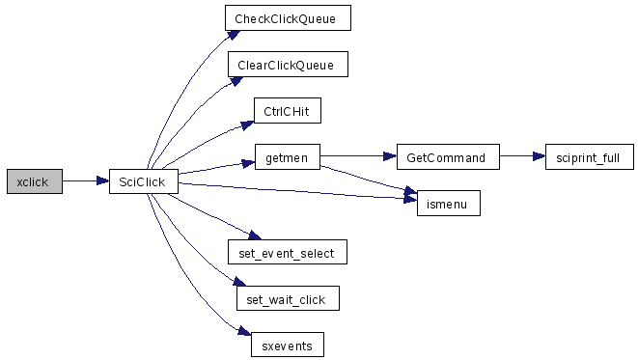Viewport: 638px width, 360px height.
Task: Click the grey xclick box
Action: [35, 181]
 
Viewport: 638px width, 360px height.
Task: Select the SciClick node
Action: [144, 181]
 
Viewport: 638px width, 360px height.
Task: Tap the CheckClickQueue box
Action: [288, 18]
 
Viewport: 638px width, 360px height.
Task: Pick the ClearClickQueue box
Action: [288, 65]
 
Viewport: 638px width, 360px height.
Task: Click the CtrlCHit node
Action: [288, 111]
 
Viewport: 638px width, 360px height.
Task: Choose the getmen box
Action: [288, 157]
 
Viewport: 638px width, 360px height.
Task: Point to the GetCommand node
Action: [448, 157]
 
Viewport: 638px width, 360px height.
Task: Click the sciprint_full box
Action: [590, 157]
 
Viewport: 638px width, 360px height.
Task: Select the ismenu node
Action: [449, 204]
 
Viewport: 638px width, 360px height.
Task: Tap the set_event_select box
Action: [288, 252]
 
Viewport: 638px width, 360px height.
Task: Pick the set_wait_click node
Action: [288, 298]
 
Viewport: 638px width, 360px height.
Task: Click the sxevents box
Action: [288, 345]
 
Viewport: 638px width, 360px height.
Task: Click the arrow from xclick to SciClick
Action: [86, 181]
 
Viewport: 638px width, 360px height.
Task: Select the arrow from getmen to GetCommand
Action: [358, 155]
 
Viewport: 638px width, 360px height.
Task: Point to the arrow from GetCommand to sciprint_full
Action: [522, 155]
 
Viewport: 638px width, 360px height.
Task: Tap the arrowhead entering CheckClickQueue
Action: [234, 35]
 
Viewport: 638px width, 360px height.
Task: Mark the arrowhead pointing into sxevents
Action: [244, 331]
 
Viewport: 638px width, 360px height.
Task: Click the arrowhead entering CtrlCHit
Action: [248, 125]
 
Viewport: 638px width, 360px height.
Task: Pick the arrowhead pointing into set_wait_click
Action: [239, 282]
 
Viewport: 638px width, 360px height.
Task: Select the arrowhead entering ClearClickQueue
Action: [236, 81]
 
